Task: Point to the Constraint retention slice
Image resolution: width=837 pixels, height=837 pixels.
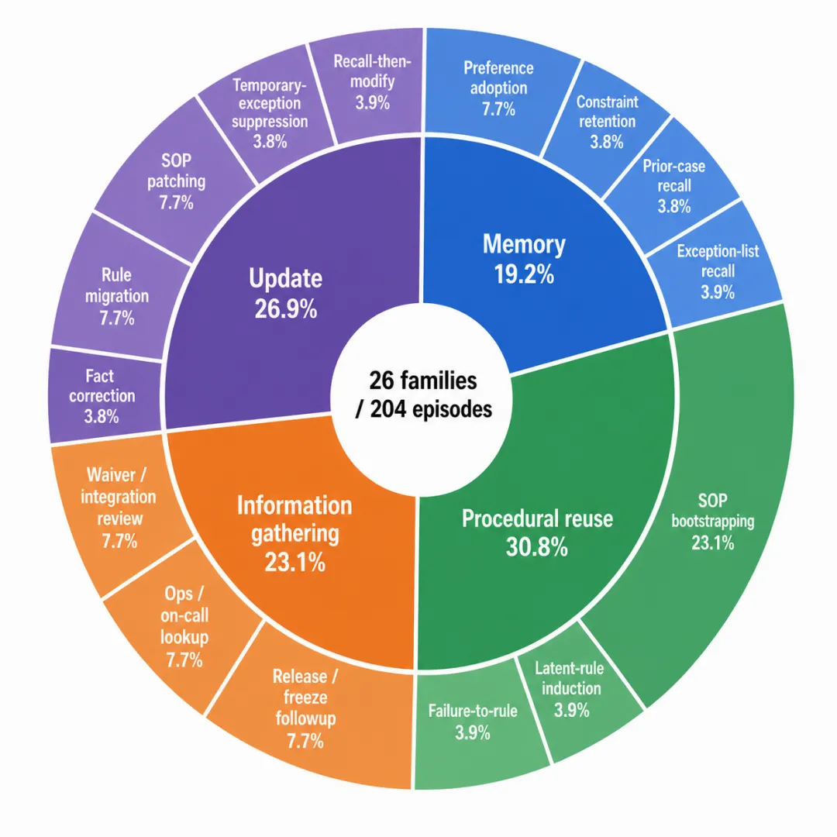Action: coord(606,122)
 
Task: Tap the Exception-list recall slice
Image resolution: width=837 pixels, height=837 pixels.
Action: coord(716,271)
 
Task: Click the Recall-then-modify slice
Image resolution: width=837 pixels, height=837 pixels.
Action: coord(373,81)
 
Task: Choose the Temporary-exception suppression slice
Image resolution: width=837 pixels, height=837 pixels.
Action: coord(270,113)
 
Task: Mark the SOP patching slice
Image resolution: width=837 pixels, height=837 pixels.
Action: coord(176,181)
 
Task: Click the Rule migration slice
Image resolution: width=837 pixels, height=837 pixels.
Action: coord(117,296)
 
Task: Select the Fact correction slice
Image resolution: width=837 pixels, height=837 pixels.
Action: coord(102,395)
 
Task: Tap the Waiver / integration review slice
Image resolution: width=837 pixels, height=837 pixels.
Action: coord(119,507)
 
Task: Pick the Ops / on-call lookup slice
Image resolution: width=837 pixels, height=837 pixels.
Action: coord(184,625)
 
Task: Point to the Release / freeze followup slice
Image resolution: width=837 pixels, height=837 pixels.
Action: coord(305,708)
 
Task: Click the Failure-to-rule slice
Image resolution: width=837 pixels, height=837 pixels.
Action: coord(473,721)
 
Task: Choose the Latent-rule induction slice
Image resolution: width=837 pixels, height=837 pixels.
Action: coord(571,689)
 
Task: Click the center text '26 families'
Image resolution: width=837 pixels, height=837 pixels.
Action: coord(423,381)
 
